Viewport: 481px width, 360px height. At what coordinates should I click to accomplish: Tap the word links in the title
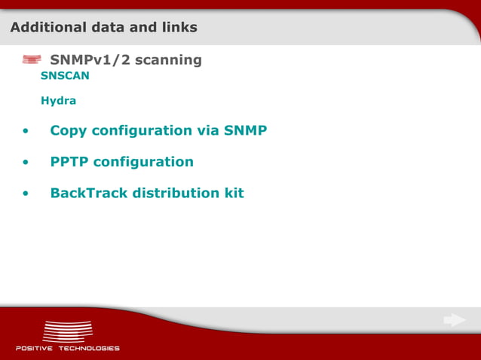tap(179, 28)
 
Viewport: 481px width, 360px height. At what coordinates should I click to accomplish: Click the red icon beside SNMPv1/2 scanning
tap(31, 59)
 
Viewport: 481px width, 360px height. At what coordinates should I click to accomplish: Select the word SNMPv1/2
tap(89, 59)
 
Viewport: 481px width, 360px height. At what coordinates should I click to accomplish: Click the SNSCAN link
tap(65, 76)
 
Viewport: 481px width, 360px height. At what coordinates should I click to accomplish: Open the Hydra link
tap(58, 100)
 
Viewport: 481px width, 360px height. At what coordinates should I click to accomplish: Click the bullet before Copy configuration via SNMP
tap(26, 132)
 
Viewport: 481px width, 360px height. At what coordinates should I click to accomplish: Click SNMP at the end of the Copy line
tap(246, 130)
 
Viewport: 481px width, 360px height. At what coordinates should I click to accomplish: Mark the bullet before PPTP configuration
tap(26, 163)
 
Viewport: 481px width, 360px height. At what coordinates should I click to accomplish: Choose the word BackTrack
tap(88, 193)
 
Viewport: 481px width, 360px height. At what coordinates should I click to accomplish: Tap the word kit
tap(234, 193)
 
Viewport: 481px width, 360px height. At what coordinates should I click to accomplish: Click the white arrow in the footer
tap(455, 321)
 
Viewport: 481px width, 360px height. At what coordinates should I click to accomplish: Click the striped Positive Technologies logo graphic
tap(68, 331)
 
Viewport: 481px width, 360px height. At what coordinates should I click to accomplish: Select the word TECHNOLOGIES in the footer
tap(90, 349)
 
